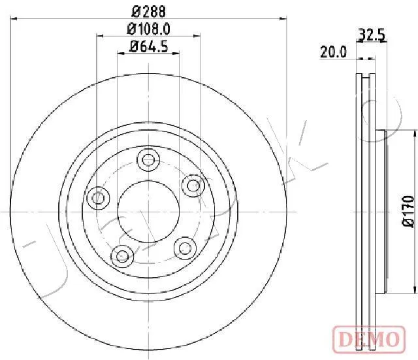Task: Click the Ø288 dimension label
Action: pos(148,12)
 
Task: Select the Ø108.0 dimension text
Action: pos(148,29)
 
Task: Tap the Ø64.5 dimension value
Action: pos(148,46)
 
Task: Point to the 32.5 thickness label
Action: pos(372,35)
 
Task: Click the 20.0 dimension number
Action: pos(334,52)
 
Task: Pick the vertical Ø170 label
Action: pos(408,212)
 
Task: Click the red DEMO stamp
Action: pos(369,339)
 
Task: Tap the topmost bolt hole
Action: pos(148,160)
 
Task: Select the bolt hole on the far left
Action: pos(99,198)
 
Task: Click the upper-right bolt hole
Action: pos(193,186)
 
